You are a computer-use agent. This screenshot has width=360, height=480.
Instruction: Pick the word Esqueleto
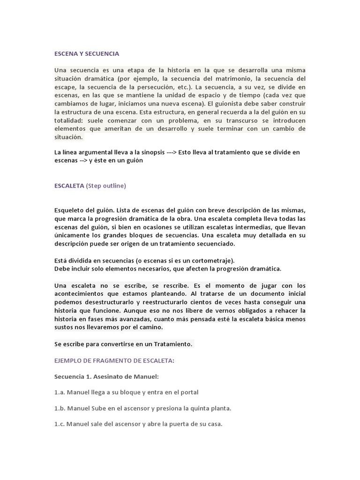pos(70,210)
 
